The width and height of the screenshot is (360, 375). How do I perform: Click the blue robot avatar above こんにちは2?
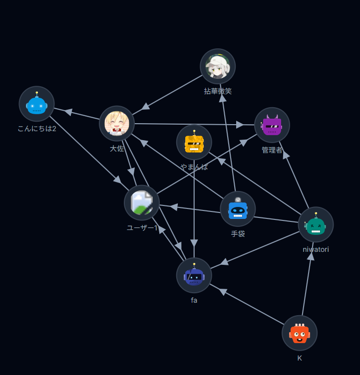(36, 104)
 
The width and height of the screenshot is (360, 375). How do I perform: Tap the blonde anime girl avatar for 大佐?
(117, 124)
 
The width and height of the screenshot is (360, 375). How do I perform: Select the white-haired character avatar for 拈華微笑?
(218, 66)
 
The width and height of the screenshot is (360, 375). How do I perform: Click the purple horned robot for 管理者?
(272, 125)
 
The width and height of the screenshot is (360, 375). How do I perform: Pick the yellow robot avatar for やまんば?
(194, 143)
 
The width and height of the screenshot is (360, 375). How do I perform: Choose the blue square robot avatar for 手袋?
(238, 209)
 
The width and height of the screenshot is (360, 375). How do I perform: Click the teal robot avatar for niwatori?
(316, 225)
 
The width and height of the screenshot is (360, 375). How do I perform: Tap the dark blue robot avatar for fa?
(194, 275)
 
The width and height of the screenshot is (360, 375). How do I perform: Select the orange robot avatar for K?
(300, 333)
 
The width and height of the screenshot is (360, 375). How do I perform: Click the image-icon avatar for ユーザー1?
(142, 203)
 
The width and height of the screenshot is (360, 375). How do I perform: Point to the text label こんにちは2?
(36, 129)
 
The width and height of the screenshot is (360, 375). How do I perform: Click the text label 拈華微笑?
(218, 91)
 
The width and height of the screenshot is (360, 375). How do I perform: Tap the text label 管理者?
(272, 150)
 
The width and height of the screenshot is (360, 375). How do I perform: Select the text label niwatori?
(316, 249)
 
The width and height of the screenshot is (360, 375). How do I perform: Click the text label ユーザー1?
(142, 228)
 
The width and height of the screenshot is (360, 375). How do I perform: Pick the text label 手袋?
(238, 233)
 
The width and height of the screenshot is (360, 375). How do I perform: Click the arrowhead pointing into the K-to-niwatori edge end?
(311, 256)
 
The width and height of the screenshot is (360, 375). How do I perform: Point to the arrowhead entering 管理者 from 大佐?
(240, 125)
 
